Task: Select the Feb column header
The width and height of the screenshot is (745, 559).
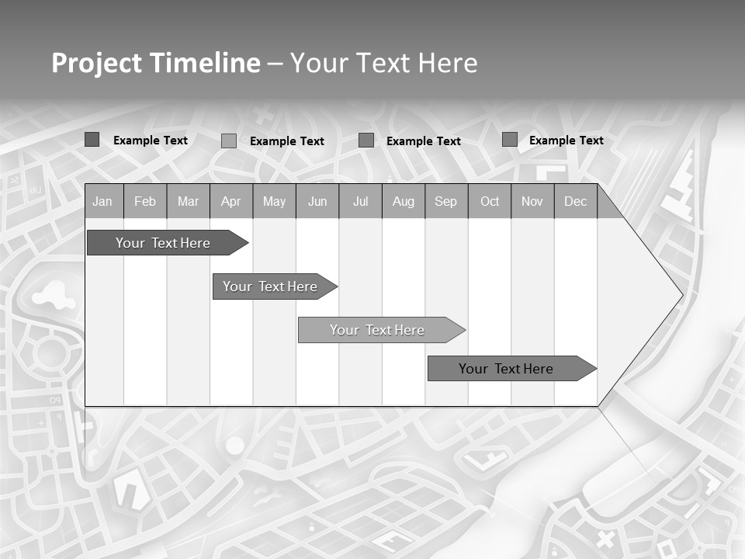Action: tap(145, 201)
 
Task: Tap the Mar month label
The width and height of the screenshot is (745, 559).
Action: tap(188, 201)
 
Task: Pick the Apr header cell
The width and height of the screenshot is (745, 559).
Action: tap(231, 201)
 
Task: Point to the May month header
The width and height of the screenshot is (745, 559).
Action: tap(274, 201)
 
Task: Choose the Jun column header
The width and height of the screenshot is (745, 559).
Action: tap(317, 201)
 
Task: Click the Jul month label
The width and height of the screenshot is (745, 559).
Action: tap(360, 201)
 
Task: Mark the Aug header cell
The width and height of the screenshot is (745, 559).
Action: tap(404, 201)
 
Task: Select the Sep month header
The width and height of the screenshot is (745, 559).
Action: tap(446, 201)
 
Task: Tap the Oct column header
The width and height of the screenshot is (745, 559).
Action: tap(490, 201)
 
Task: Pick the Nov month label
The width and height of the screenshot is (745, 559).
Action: tap(532, 201)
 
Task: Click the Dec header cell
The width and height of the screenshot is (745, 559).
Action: tap(576, 201)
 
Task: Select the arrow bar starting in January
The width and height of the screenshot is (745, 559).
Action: tap(166, 243)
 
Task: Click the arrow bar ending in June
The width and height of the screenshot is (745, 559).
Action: tap(274, 286)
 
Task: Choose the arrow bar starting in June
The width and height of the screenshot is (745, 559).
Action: tap(380, 330)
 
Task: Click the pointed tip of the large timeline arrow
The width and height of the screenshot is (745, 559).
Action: tap(681, 295)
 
